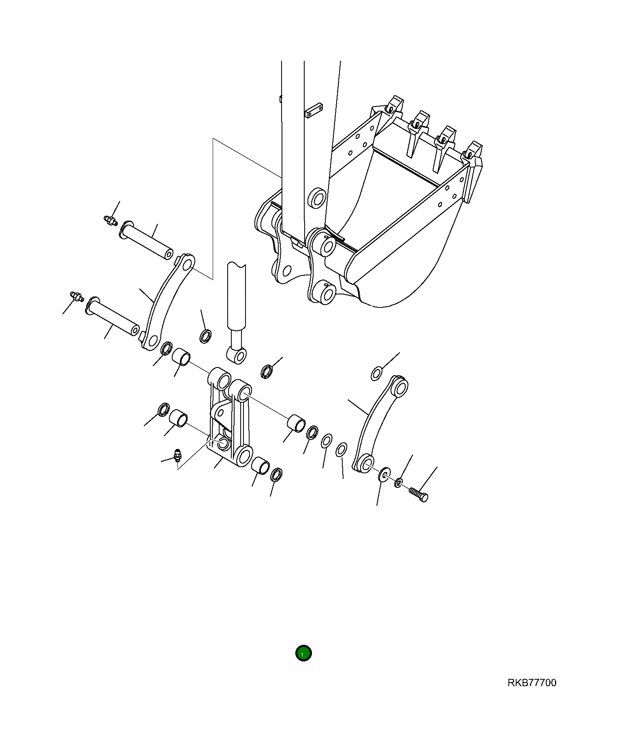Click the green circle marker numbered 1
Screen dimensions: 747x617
(x=303, y=653)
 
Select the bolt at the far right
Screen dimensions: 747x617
(x=418, y=494)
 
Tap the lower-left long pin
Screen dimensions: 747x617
(x=113, y=316)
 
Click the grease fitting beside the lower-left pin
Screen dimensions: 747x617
(x=77, y=296)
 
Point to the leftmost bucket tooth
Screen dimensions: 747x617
(x=393, y=106)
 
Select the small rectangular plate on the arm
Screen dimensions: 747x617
(x=314, y=110)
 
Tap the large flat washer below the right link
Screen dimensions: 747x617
(x=383, y=474)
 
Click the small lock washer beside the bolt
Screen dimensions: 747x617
(x=399, y=482)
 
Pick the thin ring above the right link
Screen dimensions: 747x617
(x=376, y=373)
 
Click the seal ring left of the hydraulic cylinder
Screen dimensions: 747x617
(x=206, y=336)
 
